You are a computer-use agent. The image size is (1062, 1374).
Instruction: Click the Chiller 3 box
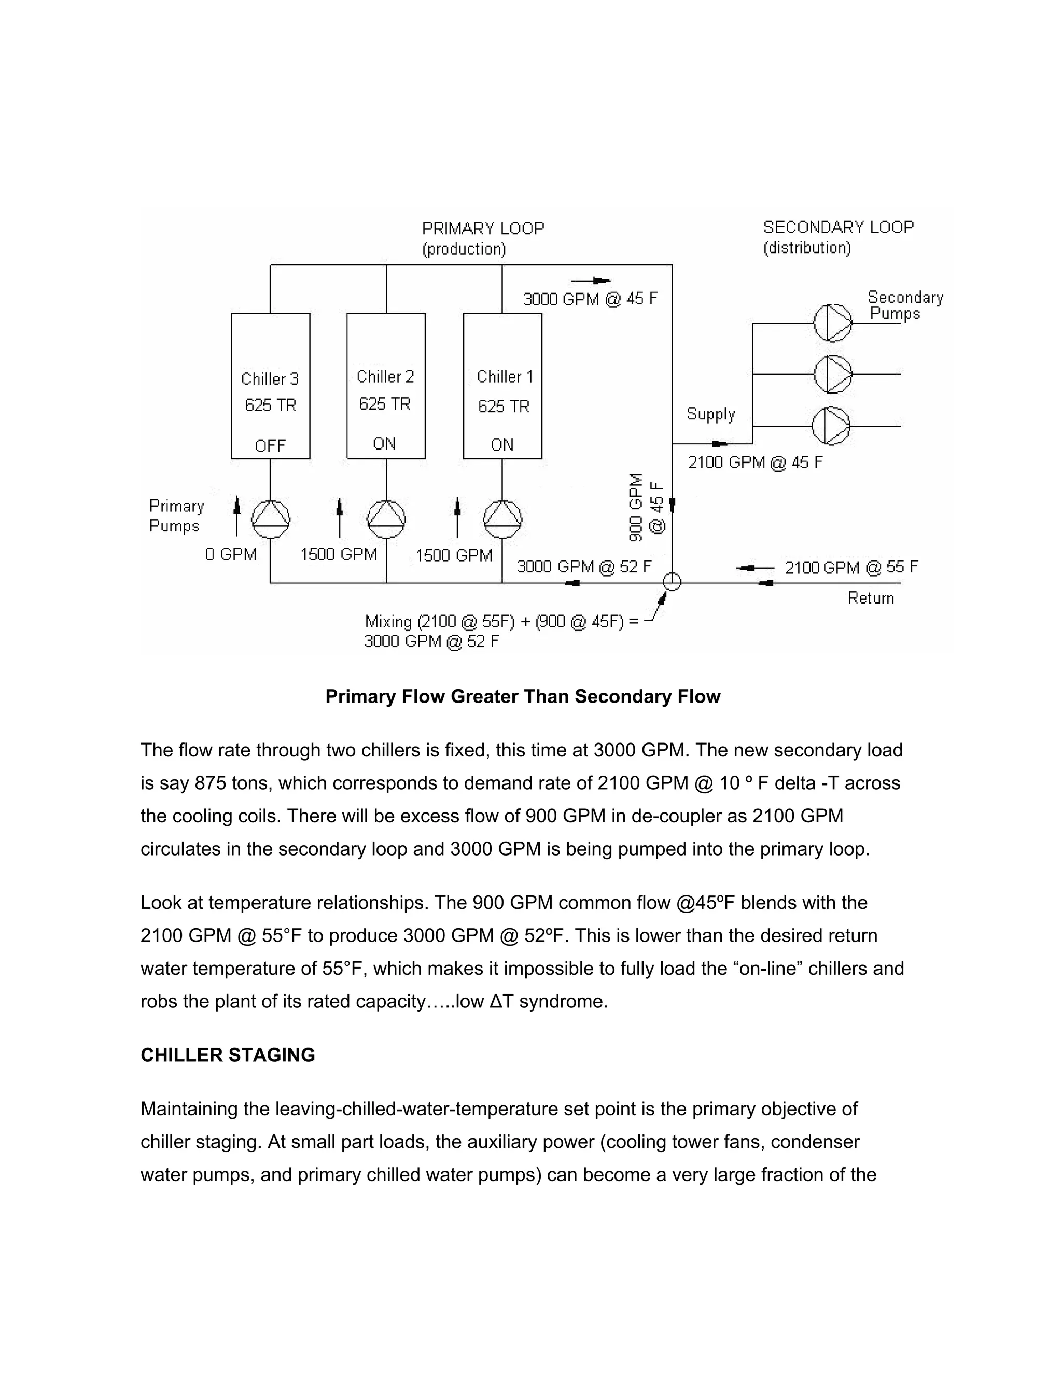(271, 385)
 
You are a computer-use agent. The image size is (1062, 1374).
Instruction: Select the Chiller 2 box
(386, 385)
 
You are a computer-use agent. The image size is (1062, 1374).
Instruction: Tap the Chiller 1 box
(502, 385)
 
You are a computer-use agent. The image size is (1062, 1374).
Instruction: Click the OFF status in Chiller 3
(271, 445)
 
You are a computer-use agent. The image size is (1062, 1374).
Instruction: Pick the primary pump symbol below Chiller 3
(271, 519)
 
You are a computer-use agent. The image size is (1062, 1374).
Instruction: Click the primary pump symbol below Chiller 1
(502, 519)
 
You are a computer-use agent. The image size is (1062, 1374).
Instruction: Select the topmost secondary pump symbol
(832, 323)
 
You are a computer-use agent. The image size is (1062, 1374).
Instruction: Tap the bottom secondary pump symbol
(831, 426)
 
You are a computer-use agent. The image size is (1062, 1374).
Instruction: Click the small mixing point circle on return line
(672, 581)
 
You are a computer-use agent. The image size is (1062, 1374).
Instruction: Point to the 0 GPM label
(231, 554)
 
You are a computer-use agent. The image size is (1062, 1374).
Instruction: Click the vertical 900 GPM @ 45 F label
(646, 507)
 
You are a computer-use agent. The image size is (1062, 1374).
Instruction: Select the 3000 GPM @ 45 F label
(590, 299)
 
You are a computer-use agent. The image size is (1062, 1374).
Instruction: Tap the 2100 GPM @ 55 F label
(850, 567)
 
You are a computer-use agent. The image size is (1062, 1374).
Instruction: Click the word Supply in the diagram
(710, 414)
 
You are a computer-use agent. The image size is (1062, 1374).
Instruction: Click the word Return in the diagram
(870, 598)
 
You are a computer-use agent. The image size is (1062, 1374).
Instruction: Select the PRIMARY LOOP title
(483, 228)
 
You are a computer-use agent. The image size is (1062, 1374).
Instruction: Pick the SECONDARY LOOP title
(838, 227)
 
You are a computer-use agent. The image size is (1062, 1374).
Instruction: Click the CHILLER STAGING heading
(228, 1055)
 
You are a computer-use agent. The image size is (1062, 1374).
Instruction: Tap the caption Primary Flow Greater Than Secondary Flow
(522, 696)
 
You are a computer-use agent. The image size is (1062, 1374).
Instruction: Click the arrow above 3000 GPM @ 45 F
(590, 281)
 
